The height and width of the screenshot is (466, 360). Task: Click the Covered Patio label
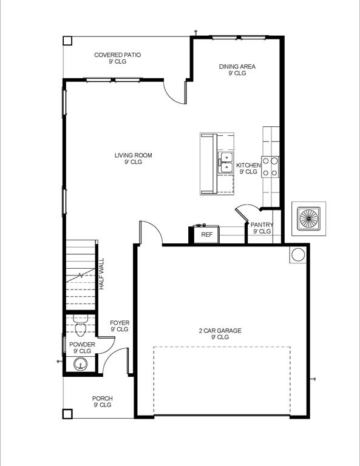(x=117, y=58)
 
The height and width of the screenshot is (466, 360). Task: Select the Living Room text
(x=133, y=158)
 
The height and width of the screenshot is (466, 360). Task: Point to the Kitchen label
(x=248, y=168)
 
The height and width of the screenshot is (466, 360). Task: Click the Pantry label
(x=262, y=228)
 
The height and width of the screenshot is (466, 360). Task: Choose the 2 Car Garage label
(x=220, y=334)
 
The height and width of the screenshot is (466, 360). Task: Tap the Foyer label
(x=120, y=326)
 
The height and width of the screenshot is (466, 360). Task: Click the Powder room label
(x=81, y=348)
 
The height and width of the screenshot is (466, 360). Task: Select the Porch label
(x=103, y=402)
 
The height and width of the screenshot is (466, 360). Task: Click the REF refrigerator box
(x=207, y=234)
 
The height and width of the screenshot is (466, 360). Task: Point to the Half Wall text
(x=102, y=274)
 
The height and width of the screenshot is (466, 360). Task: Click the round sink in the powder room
(x=80, y=364)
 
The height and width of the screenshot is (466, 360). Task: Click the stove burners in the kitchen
(x=270, y=167)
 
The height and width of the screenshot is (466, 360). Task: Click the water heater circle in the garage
(x=297, y=254)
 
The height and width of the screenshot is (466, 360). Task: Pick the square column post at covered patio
(x=67, y=41)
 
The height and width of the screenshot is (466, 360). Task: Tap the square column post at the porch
(x=67, y=414)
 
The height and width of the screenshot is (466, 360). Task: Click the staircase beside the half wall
(x=81, y=274)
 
